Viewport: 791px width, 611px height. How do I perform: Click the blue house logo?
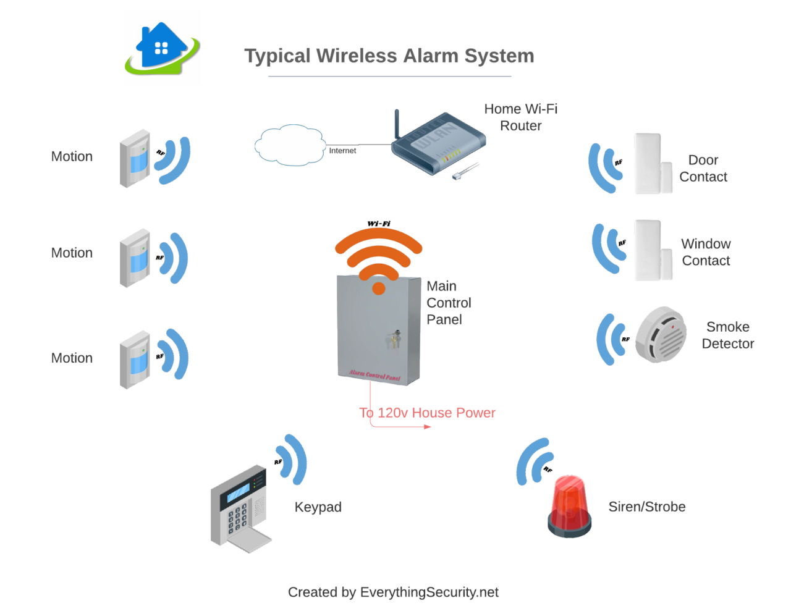(x=163, y=48)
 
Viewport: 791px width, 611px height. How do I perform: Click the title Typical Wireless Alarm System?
(x=389, y=56)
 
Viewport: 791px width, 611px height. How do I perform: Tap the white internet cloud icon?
(x=289, y=146)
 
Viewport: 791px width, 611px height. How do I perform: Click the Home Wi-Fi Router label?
(x=520, y=117)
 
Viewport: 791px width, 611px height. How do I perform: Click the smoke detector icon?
(x=661, y=334)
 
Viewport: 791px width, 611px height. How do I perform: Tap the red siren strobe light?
(x=569, y=507)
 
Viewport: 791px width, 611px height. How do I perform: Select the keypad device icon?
(x=240, y=507)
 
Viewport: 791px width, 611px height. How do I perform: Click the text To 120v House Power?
(x=427, y=413)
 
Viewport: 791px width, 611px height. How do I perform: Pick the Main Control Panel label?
(x=448, y=303)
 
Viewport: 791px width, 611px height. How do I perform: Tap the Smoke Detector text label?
(x=728, y=335)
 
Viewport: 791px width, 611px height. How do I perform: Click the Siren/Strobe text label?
(x=647, y=507)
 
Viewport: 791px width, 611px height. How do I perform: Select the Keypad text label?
(x=318, y=507)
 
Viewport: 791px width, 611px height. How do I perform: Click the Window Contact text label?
(x=706, y=252)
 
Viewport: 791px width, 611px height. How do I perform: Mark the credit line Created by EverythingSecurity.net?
(x=393, y=592)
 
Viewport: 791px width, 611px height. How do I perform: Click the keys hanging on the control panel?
(x=393, y=339)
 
